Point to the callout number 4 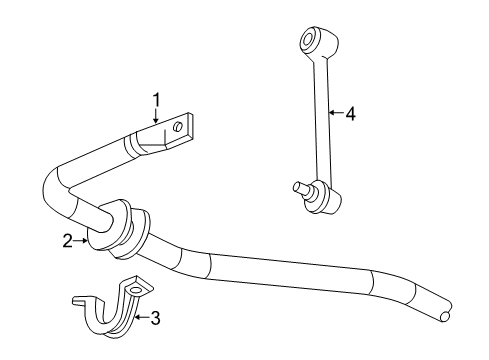(x=351, y=114)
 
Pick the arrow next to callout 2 (x=82, y=239)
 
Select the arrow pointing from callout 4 (x=335, y=114)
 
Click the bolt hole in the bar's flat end (x=178, y=127)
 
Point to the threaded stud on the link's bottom (x=297, y=186)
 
